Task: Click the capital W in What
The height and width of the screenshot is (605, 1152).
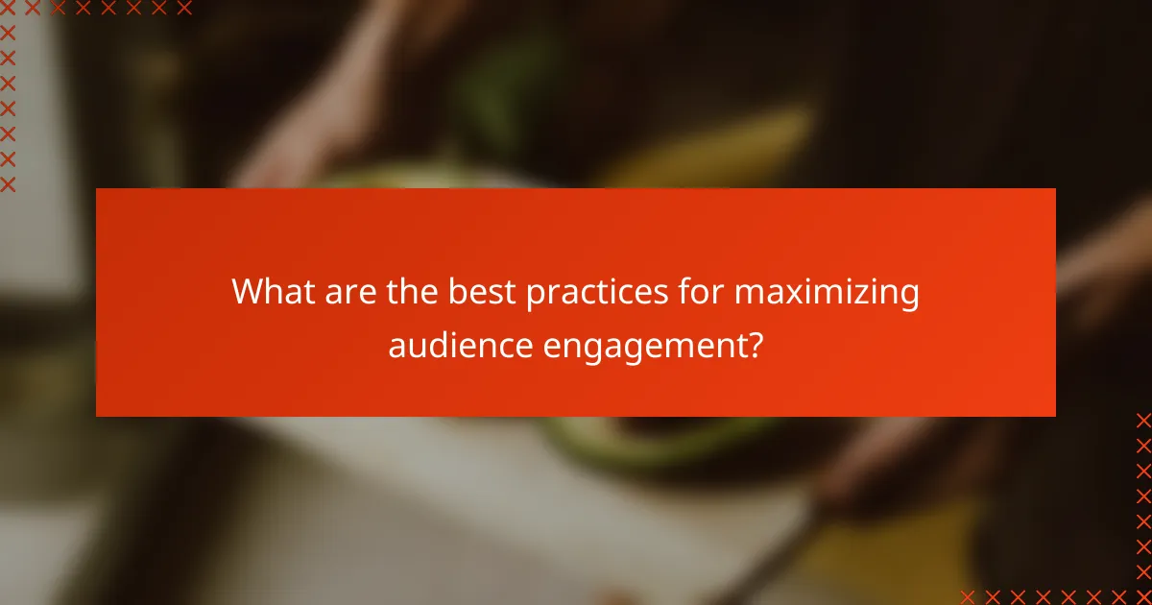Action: point(249,292)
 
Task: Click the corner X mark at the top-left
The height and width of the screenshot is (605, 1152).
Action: point(8,9)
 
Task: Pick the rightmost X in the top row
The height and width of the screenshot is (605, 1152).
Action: point(184,9)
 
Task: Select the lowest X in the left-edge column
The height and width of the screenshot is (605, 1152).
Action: point(8,183)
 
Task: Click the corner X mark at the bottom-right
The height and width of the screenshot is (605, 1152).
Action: point(1143,596)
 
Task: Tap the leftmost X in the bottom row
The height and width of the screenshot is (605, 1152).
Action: point(967,596)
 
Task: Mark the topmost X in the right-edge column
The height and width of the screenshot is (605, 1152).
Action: point(1143,420)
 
